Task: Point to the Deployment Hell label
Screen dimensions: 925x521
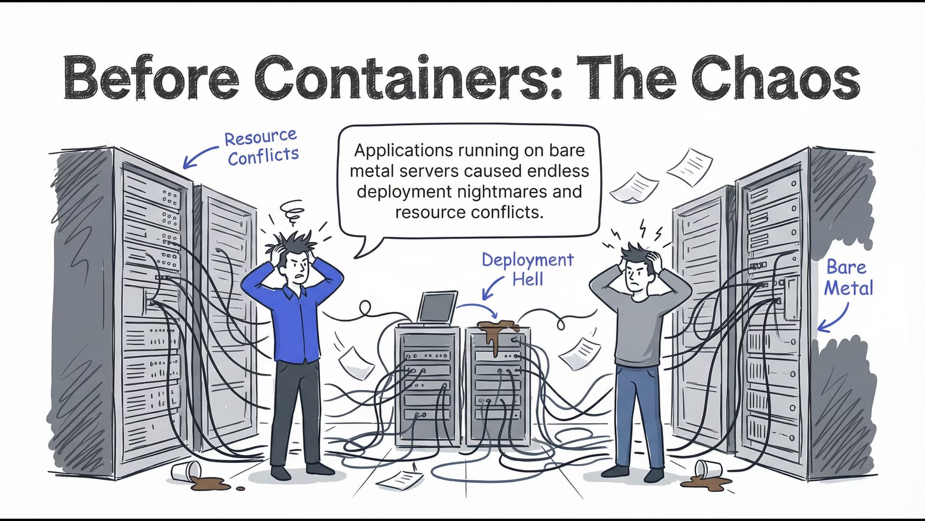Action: (x=528, y=270)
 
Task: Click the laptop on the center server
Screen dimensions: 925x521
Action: (x=437, y=308)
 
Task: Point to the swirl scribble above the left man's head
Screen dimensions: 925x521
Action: (x=292, y=212)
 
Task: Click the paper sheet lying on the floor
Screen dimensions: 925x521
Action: (x=400, y=479)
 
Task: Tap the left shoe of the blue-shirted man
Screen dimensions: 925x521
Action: (x=280, y=473)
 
